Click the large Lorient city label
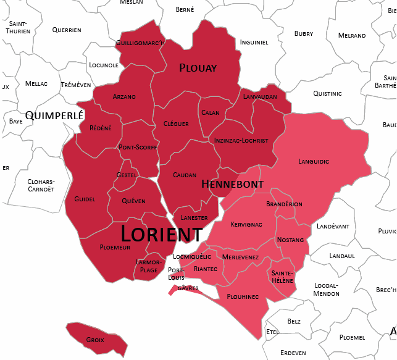[x=161, y=234]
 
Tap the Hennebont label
[x=232, y=184]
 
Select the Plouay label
[x=198, y=68]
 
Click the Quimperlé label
[x=54, y=115]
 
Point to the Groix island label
[x=95, y=340]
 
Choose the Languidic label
[x=314, y=161]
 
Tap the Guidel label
[x=85, y=199]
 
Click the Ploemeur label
[x=115, y=247]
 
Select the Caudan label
[x=185, y=175]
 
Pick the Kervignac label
[x=246, y=224]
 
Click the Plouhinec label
[x=242, y=296]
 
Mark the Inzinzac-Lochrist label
[x=241, y=140]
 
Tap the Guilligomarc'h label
[x=140, y=43]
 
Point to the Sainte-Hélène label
[x=282, y=276]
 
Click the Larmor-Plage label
[x=148, y=266]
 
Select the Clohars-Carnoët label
[x=41, y=185]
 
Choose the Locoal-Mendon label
[x=327, y=289]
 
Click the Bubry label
[x=304, y=33]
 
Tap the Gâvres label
[x=188, y=288]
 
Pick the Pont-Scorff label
[x=138, y=148]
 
